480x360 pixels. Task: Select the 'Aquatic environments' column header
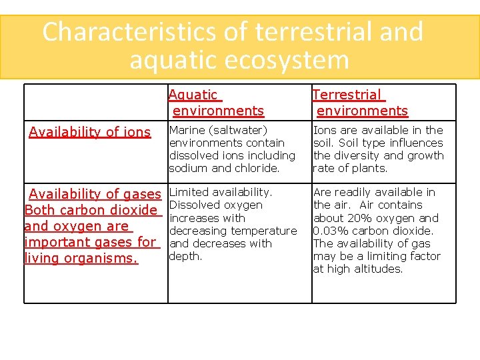tap(216, 103)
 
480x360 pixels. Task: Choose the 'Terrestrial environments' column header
tap(360, 103)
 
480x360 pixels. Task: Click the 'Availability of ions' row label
tap(90, 132)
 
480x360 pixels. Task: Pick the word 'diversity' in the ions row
tap(360, 155)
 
